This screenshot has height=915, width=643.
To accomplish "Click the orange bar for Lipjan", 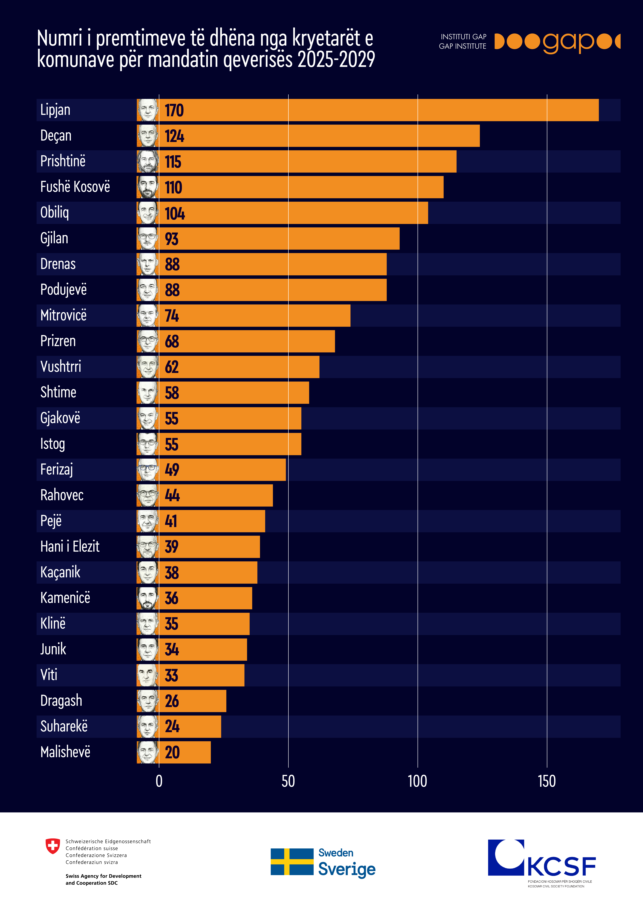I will pyautogui.click(x=379, y=110).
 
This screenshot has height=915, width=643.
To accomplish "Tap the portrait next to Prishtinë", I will pyautogui.click(x=147, y=161).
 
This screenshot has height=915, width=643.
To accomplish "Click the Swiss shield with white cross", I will pyautogui.click(x=53, y=846).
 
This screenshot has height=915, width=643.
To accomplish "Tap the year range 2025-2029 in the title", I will pyautogui.click(x=336, y=60).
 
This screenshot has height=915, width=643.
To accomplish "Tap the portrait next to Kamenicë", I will pyautogui.click(x=147, y=598).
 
